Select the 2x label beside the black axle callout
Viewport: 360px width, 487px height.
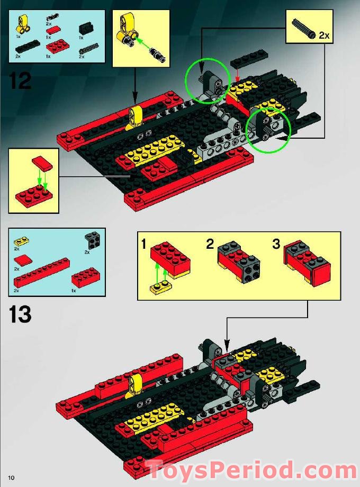323,36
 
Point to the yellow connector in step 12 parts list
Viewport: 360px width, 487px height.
22,23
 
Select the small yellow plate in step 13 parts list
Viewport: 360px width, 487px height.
22,241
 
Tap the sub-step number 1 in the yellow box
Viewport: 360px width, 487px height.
144,245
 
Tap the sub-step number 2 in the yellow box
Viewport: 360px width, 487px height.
210,245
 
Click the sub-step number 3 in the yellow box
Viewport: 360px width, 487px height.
275,245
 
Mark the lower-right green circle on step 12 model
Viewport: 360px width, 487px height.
268,130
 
